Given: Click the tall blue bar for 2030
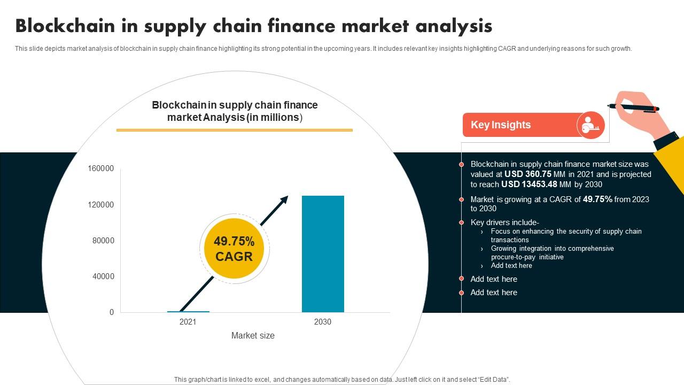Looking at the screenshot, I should [x=323, y=254].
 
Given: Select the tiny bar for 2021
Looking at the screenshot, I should [x=188, y=311].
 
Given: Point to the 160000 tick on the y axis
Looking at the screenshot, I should [x=101, y=168].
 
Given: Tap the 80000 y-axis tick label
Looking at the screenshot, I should [x=103, y=241].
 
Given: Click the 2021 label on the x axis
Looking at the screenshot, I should [x=188, y=322].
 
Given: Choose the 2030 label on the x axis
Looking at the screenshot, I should [x=323, y=322].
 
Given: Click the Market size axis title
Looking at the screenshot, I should [x=253, y=336].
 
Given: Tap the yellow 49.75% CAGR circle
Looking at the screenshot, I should [x=234, y=249].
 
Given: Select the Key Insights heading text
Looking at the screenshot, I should [x=501, y=125].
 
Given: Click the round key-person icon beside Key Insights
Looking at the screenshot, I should [x=590, y=126].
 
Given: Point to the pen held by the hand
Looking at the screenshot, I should [x=633, y=107].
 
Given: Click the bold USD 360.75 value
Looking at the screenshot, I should [x=529, y=174].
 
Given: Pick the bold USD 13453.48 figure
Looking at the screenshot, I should [x=529, y=184].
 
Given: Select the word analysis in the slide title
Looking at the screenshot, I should [x=455, y=26].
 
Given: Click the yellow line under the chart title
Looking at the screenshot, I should [x=235, y=130].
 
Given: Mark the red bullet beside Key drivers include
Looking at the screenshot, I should [x=462, y=222].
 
